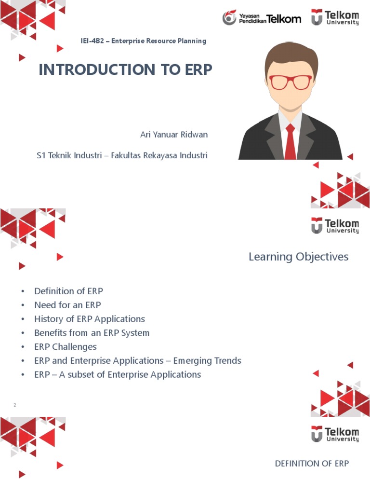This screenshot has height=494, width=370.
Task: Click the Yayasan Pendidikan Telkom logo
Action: pos(262,18)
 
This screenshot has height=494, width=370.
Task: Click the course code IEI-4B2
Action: pos(94,41)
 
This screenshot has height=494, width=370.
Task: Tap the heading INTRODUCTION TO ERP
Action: pos(125,70)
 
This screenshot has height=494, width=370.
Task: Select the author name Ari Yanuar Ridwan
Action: pos(174,135)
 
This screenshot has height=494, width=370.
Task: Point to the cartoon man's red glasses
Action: pos(290,82)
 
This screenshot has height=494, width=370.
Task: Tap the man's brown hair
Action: pos(291,55)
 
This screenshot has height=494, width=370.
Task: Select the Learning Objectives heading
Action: pos(298,257)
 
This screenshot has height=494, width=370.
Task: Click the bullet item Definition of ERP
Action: pos(68,291)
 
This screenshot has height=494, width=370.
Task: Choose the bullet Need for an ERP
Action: pos(67,305)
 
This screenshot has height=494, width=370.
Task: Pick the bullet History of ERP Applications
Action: pos(89,319)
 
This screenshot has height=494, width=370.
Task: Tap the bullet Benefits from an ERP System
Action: pos(92,333)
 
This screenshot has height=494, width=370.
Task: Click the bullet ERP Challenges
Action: pos(65,347)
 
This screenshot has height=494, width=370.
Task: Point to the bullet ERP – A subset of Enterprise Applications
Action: pos(118,374)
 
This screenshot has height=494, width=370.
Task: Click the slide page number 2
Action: pos(15,405)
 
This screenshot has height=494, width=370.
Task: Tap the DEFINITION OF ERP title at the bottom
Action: pos(312,464)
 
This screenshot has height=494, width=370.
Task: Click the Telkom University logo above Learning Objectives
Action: pos(335,225)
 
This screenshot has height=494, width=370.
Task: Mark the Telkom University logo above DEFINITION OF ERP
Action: pos(335,434)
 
